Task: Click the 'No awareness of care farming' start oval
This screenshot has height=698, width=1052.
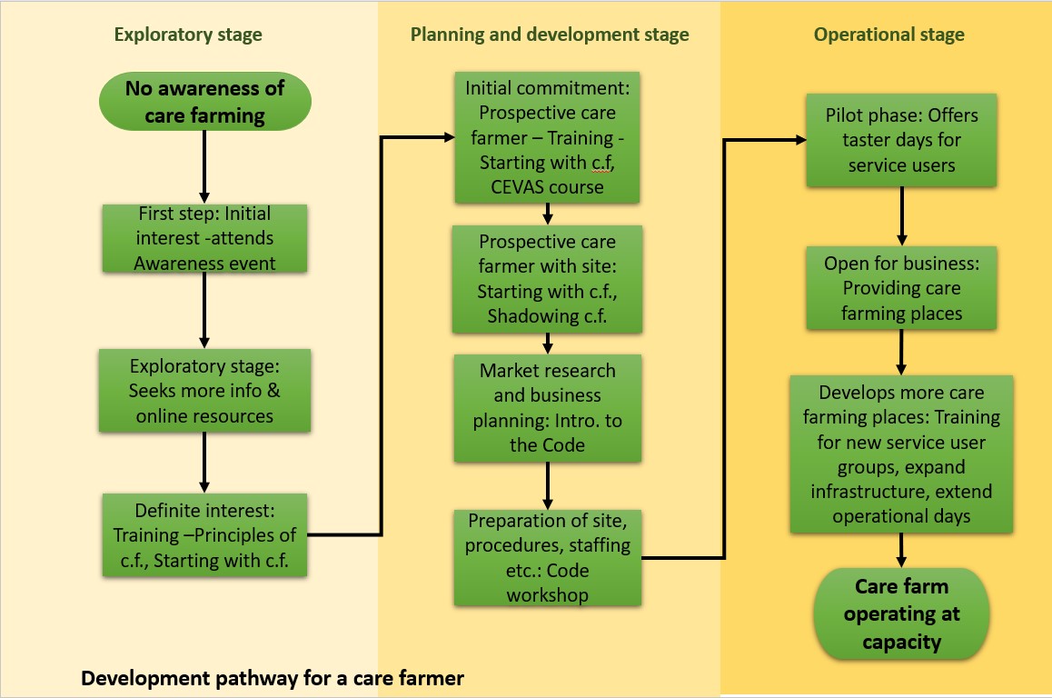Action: pos(204,102)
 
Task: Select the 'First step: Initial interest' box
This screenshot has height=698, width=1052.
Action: pos(204,238)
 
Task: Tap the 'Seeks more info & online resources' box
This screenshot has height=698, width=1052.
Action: pos(204,391)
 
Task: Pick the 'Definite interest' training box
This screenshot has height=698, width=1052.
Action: pos(204,535)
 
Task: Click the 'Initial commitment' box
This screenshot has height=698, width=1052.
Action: pos(547,138)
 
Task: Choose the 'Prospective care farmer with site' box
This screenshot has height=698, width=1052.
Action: pos(547,279)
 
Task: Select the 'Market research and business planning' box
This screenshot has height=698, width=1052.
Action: pos(547,408)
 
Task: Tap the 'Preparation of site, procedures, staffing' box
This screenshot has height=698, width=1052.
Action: pos(547,558)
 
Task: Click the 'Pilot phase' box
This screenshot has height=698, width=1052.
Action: pos(901,140)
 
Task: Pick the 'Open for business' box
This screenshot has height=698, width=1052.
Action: pos(901,288)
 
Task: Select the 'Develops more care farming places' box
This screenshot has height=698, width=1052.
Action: pos(901,454)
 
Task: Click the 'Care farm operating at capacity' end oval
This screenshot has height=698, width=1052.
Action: pos(901,614)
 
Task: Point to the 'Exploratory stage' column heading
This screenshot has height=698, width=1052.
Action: pos(188,35)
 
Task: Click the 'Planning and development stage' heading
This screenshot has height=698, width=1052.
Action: pos(550,35)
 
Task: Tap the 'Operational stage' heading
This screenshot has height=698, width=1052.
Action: pos(888,35)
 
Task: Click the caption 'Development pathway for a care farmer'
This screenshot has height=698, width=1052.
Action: pos(273,678)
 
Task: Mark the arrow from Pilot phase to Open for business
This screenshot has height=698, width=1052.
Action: pos(901,216)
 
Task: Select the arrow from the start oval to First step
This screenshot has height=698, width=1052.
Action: pos(204,165)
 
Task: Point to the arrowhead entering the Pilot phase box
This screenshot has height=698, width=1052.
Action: pos(800,140)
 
